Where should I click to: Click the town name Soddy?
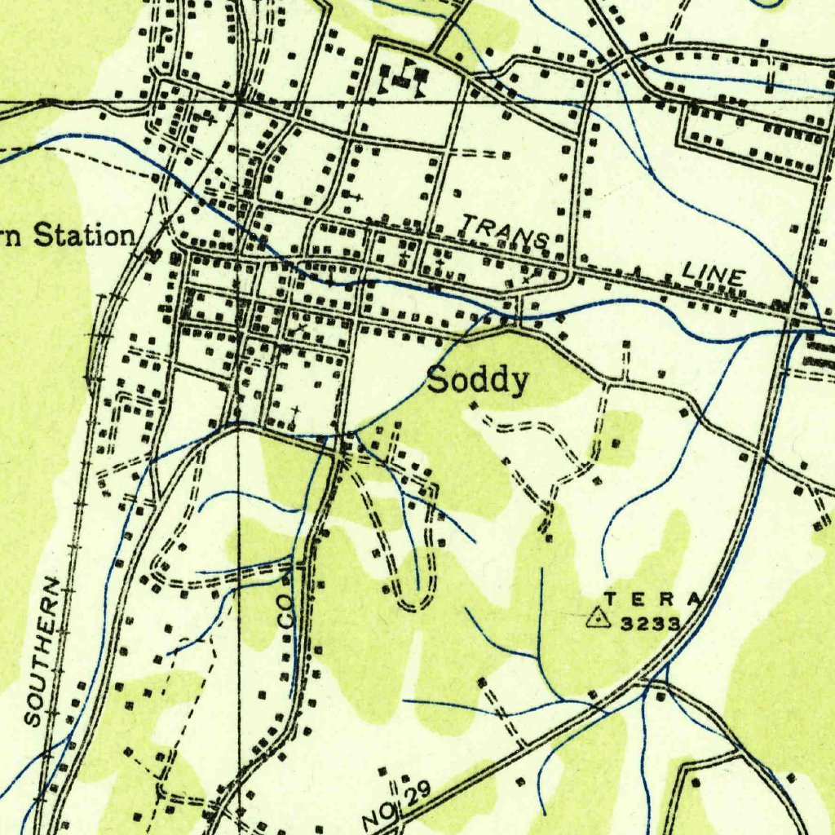tap(479, 380)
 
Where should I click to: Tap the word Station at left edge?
tap(83, 236)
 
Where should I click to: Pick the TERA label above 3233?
tap(652, 599)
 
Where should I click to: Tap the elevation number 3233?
tap(650, 624)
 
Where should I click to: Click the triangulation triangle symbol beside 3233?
tap(599, 619)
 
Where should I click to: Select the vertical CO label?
tap(285, 609)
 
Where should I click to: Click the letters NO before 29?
tap(375, 814)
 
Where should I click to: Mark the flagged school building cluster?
tap(404, 77)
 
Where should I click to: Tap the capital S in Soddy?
tap(439, 379)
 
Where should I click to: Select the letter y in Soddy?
tap(519, 383)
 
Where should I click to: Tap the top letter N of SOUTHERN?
tap(51, 585)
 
